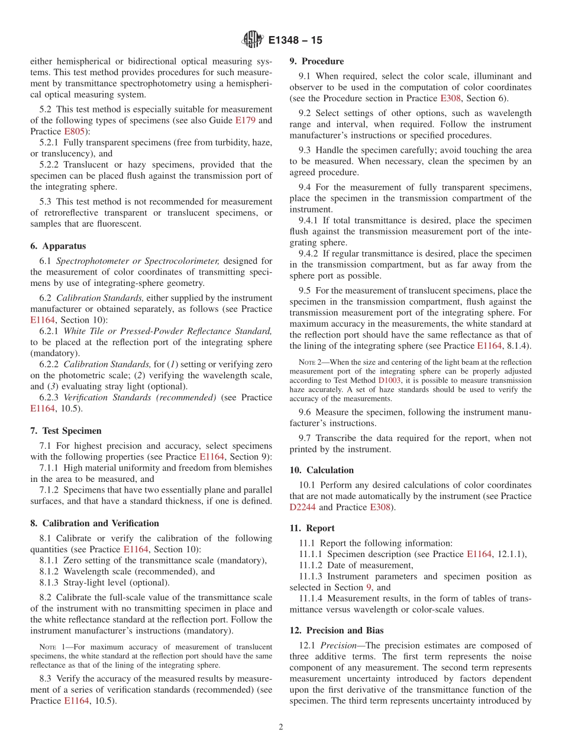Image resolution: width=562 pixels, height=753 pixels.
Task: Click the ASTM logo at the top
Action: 252,40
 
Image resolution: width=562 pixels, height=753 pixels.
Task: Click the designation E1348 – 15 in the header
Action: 295,41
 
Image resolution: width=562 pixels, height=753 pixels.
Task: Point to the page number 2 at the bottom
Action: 281,727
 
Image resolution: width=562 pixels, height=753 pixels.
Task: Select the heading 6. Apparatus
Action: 58,246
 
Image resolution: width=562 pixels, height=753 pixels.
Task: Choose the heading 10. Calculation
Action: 322,470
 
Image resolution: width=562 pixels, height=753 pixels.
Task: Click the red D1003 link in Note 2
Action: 389,380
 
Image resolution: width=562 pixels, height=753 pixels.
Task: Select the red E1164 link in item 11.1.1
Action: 479,554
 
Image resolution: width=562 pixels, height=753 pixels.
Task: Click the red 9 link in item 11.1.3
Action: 369,587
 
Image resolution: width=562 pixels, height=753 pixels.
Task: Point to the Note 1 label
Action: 51,647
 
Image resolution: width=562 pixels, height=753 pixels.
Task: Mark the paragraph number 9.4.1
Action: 311,220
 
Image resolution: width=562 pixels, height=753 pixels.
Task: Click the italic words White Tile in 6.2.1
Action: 81,331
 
